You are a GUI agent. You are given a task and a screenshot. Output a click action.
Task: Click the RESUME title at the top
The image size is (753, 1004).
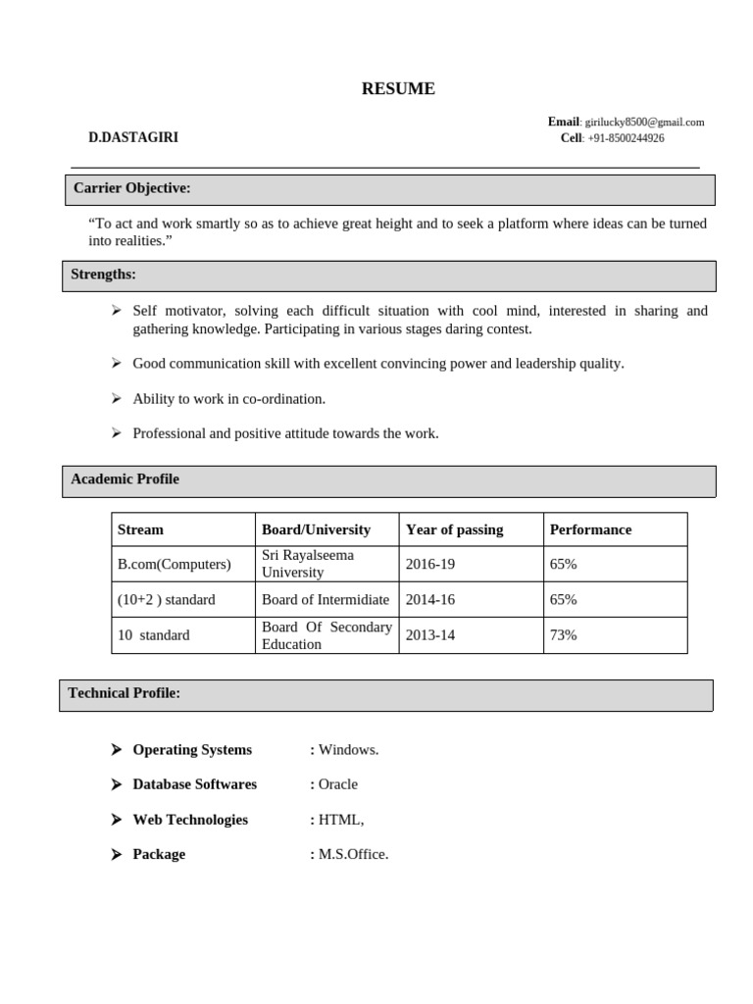point(398,89)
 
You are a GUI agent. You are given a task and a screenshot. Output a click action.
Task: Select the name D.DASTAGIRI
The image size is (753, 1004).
point(133,138)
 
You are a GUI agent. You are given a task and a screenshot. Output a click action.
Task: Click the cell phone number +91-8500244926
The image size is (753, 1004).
point(626,138)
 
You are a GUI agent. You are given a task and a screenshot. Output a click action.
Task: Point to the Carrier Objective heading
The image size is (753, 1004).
point(132,188)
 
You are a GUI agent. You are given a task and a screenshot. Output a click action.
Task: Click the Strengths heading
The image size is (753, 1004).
point(103,275)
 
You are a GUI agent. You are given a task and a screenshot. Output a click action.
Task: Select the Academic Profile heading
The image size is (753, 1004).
point(125,479)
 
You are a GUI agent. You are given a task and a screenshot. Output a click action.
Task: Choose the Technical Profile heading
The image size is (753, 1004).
point(124,693)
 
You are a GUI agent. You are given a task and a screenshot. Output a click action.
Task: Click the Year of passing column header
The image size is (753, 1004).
point(454,529)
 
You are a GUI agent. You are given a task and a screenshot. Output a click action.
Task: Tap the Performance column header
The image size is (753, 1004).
point(590,529)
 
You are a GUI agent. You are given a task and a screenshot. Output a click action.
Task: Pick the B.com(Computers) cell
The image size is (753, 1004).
point(175,565)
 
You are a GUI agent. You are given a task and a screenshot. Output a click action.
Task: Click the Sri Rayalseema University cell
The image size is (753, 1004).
point(308,564)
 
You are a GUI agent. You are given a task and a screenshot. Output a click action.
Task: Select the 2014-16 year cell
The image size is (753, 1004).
point(430,600)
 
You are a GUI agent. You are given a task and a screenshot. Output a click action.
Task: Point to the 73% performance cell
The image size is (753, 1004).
point(563,635)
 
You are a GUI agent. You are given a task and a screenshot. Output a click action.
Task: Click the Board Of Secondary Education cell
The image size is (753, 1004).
point(326,635)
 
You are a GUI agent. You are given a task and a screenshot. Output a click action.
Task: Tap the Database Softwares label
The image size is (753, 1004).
point(194,784)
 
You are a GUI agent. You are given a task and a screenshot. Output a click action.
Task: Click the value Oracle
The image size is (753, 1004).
point(338,784)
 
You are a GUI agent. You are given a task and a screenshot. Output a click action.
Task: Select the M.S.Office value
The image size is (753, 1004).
point(353,855)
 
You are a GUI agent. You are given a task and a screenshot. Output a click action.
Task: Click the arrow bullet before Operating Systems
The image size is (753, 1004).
point(116,750)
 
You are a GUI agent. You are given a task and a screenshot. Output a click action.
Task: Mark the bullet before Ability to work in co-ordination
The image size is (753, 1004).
point(116,399)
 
